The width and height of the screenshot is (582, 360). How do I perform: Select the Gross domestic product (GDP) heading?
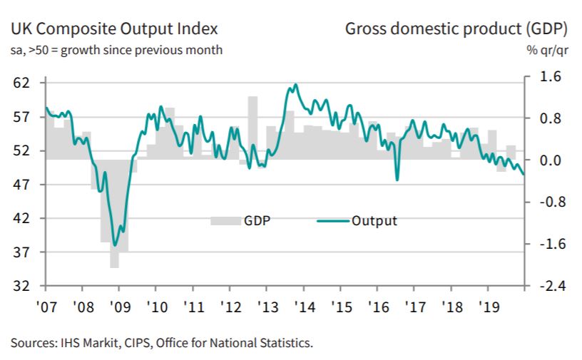[456, 29]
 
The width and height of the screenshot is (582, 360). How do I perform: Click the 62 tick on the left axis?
[22, 83]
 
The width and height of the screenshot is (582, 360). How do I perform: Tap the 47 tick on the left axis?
[22, 185]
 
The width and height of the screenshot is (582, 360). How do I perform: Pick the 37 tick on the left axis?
[22, 252]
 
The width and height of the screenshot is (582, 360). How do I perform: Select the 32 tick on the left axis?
[22, 286]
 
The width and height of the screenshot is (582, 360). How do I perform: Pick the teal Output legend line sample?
[331, 221]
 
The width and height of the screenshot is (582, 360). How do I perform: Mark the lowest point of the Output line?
[115, 245]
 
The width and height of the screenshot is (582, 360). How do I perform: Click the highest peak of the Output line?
[295, 85]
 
